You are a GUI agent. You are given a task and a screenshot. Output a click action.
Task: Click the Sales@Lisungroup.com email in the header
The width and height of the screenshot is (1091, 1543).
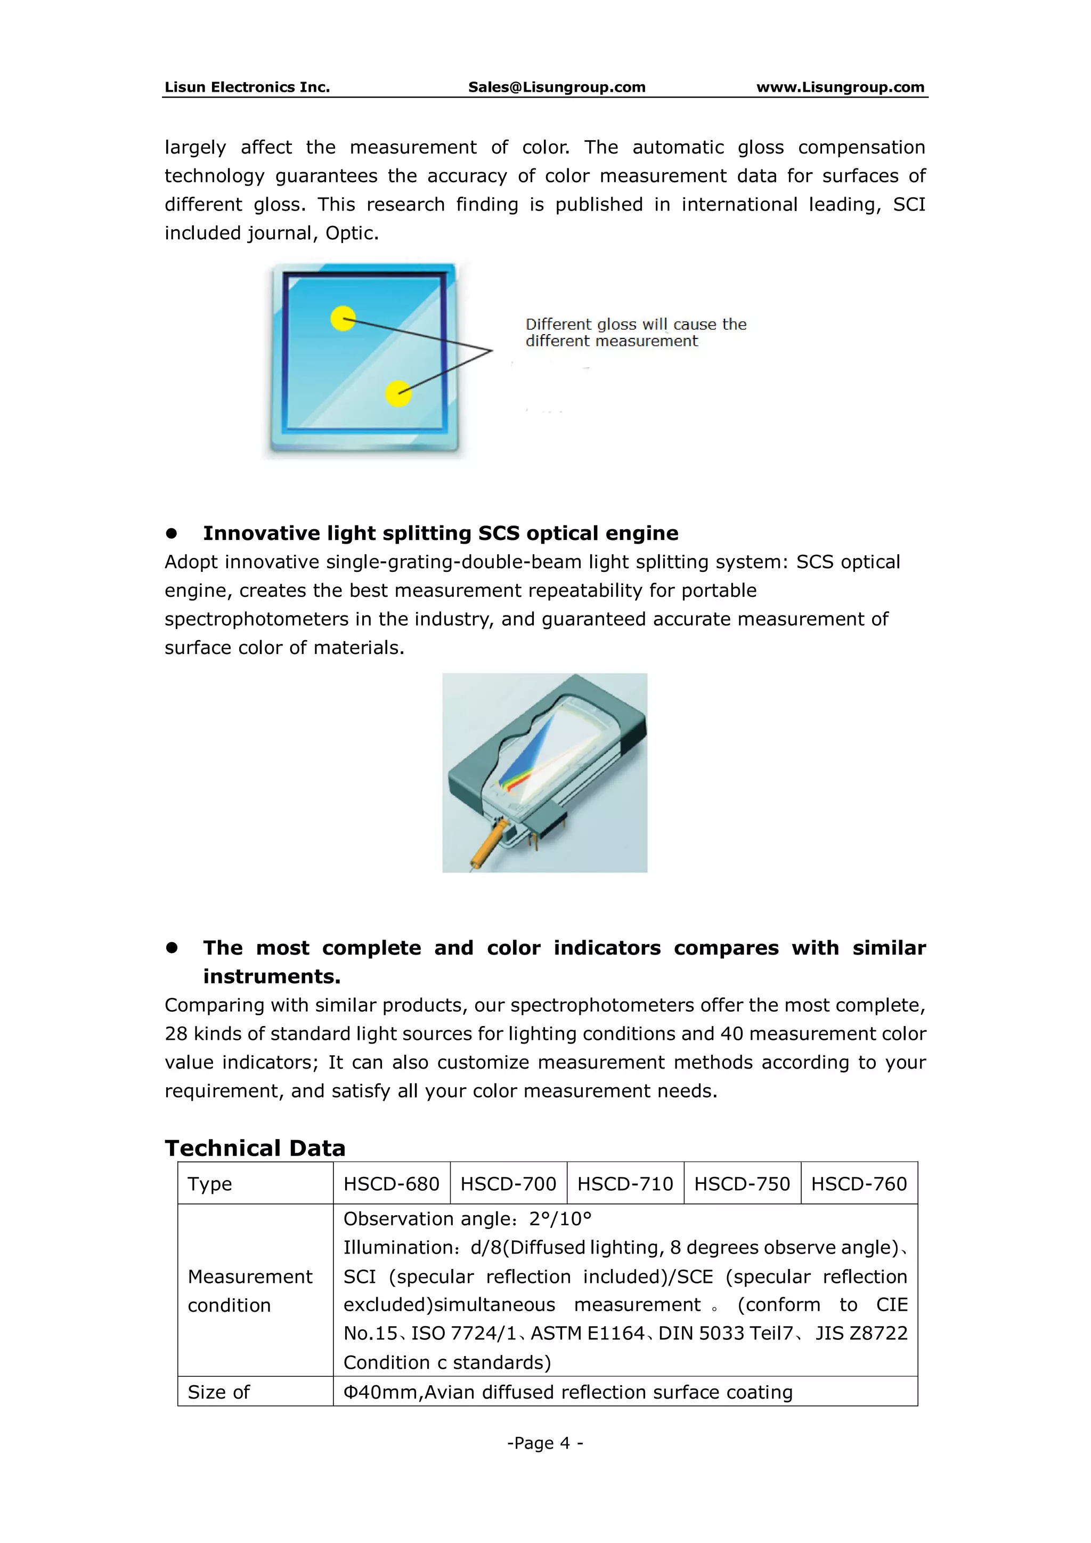tap(556, 87)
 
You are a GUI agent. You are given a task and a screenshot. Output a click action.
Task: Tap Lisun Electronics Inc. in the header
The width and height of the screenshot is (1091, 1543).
tap(247, 87)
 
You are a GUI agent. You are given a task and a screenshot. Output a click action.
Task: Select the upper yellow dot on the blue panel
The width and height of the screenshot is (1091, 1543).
tap(343, 319)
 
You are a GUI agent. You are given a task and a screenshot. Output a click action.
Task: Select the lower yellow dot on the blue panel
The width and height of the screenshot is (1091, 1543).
tap(398, 394)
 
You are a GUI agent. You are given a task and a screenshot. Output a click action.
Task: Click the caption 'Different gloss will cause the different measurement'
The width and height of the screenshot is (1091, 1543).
tap(635, 333)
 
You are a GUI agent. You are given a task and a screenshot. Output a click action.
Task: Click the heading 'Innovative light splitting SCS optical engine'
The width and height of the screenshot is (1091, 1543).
tap(440, 533)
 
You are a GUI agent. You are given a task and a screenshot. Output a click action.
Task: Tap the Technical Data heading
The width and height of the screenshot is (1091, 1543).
tap(255, 1148)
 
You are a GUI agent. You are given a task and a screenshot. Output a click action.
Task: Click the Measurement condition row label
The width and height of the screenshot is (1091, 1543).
tap(249, 1290)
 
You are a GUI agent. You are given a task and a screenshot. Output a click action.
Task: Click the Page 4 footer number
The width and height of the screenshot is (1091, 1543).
tap(545, 1443)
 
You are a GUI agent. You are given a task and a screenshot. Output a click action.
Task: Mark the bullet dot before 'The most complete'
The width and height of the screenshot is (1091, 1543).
tap(172, 948)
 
